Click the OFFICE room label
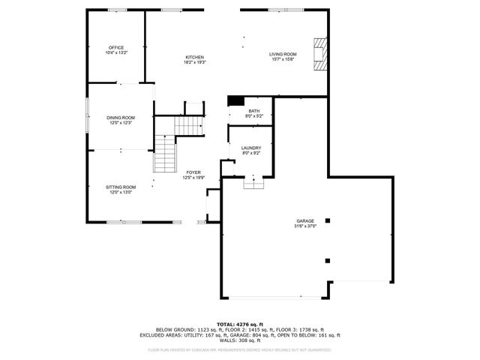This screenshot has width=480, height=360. pyautogui.click(x=115, y=47)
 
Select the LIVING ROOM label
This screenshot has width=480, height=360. pyautogui.click(x=283, y=54)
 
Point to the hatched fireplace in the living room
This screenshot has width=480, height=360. pyautogui.click(x=320, y=55)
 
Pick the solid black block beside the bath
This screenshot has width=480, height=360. pyautogui.click(x=235, y=101)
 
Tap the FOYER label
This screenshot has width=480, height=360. pyautogui.click(x=193, y=172)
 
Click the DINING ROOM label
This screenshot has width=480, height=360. pyautogui.click(x=120, y=117)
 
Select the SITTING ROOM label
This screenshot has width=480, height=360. pyautogui.click(x=120, y=187)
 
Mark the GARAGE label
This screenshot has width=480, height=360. pyautogui.click(x=304, y=220)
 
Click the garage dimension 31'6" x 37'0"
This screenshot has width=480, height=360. pyautogui.click(x=304, y=226)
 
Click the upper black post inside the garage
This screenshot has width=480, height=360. pyautogui.click(x=326, y=220)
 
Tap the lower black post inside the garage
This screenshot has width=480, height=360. pyautogui.click(x=327, y=261)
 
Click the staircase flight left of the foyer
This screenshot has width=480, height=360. pyautogui.click(x=164, y=153)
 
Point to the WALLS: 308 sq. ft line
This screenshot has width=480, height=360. pyautogui.click(x=239, y=341)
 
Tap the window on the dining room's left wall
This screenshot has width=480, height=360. pyautogui.click(x=86, y=117)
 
